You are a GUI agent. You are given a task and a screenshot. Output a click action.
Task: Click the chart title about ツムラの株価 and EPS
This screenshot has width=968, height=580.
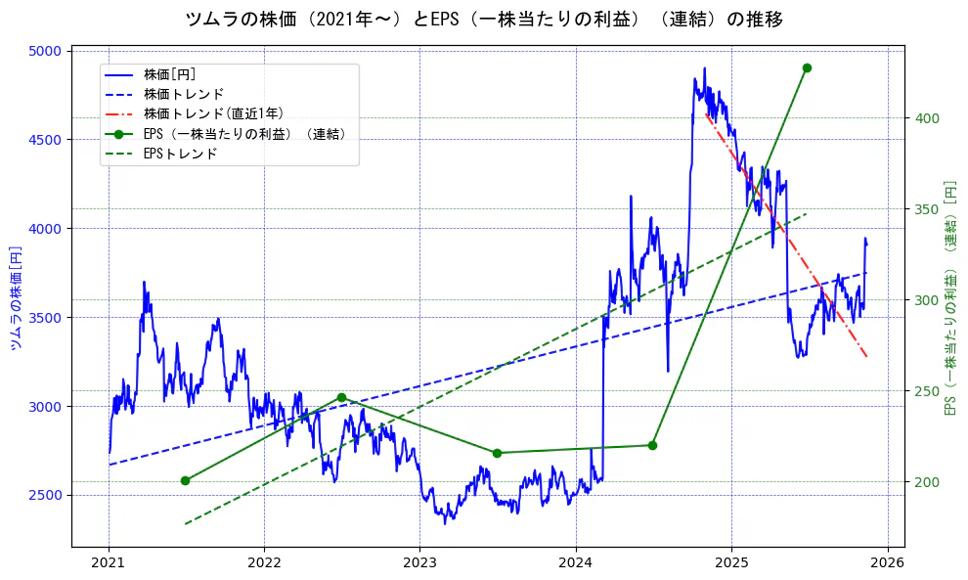point(483,20)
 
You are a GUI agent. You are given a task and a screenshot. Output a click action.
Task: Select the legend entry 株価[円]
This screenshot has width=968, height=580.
point(170,74)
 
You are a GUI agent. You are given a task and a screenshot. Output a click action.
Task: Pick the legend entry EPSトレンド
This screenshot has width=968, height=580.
point(180,154)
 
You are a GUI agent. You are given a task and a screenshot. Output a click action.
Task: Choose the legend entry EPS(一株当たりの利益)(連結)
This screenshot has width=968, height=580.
point(243,134)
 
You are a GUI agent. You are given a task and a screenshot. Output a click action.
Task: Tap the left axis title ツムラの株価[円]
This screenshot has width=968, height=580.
point(16,298)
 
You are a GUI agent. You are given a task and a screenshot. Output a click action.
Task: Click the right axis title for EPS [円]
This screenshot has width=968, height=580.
point(949,298)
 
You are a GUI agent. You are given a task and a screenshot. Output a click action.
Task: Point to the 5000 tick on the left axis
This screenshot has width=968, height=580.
point(46,51)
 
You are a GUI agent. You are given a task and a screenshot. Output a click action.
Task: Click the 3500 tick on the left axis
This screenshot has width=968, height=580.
point(46,318)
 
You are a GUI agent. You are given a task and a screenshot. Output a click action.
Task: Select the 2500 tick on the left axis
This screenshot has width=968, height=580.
point(46,495)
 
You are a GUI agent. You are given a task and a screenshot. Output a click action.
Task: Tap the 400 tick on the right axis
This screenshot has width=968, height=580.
point(926,118)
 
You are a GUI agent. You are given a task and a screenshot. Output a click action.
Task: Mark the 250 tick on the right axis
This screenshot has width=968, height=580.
point(926,391)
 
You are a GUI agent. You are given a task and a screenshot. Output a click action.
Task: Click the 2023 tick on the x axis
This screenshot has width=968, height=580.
point(419,562)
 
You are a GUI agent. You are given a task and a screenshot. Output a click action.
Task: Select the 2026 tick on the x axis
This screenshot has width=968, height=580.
point(887,562)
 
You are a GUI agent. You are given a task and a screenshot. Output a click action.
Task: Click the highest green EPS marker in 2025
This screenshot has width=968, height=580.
point(807,67)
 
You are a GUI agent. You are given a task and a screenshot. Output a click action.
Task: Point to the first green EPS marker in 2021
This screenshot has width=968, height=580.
point(185,480)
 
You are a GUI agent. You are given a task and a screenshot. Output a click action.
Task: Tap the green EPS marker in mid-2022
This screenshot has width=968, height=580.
point(341,397)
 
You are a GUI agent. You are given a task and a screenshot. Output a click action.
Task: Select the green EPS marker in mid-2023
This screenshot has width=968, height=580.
point(497,453)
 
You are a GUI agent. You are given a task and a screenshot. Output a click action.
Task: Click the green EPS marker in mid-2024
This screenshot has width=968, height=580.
point(652,445)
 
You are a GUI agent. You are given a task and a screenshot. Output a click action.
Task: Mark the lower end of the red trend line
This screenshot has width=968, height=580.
point(866,356)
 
